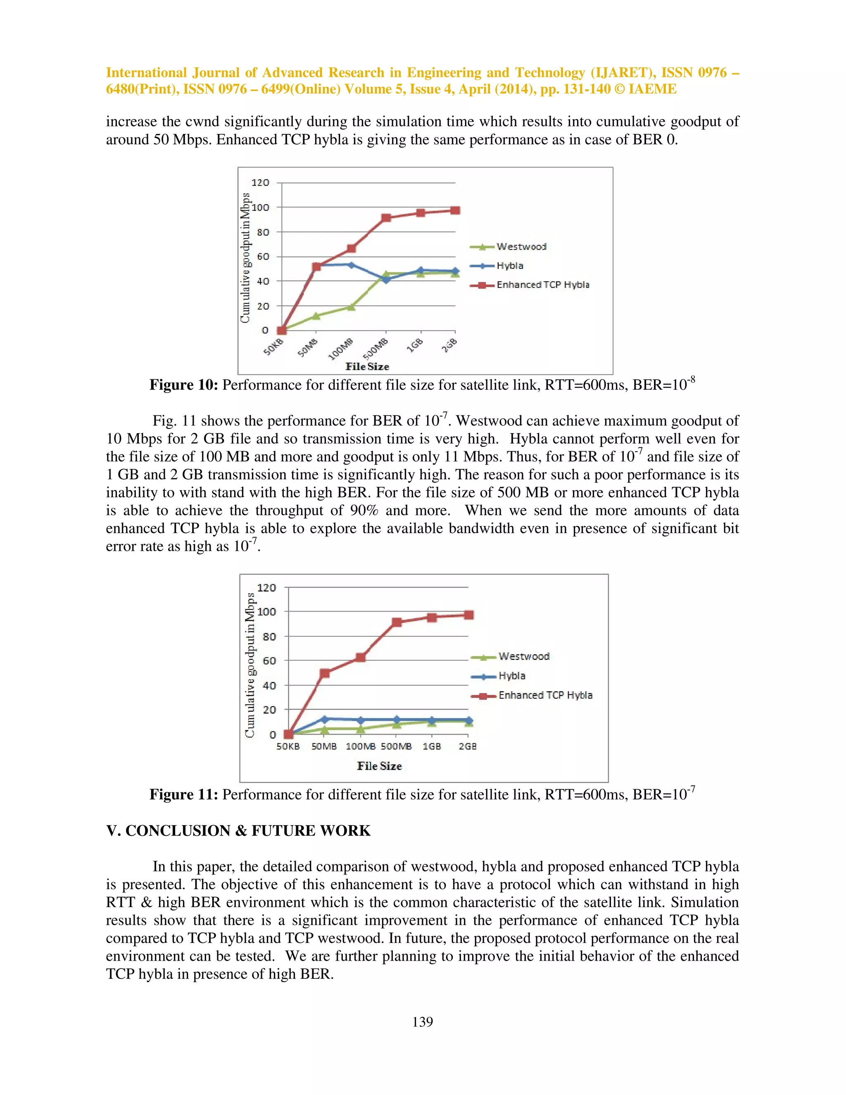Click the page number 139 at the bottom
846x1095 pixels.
point(423,1021)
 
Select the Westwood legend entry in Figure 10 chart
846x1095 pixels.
point(521,247)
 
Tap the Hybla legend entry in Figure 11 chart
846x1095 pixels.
point(512,676)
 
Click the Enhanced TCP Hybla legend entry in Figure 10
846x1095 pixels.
point(542,285)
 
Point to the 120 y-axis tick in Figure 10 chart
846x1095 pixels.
point(260,183)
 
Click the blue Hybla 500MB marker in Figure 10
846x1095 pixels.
point(386,279)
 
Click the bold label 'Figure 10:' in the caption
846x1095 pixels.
point(183,385)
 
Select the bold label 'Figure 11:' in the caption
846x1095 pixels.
point(183,795)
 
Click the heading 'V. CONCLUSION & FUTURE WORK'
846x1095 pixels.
point(238,831)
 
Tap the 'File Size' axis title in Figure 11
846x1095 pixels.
point(379,766)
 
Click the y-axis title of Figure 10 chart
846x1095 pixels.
point(245,258)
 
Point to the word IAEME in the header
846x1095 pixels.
point(652,89)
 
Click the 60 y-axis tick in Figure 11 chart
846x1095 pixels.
point(269,661)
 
